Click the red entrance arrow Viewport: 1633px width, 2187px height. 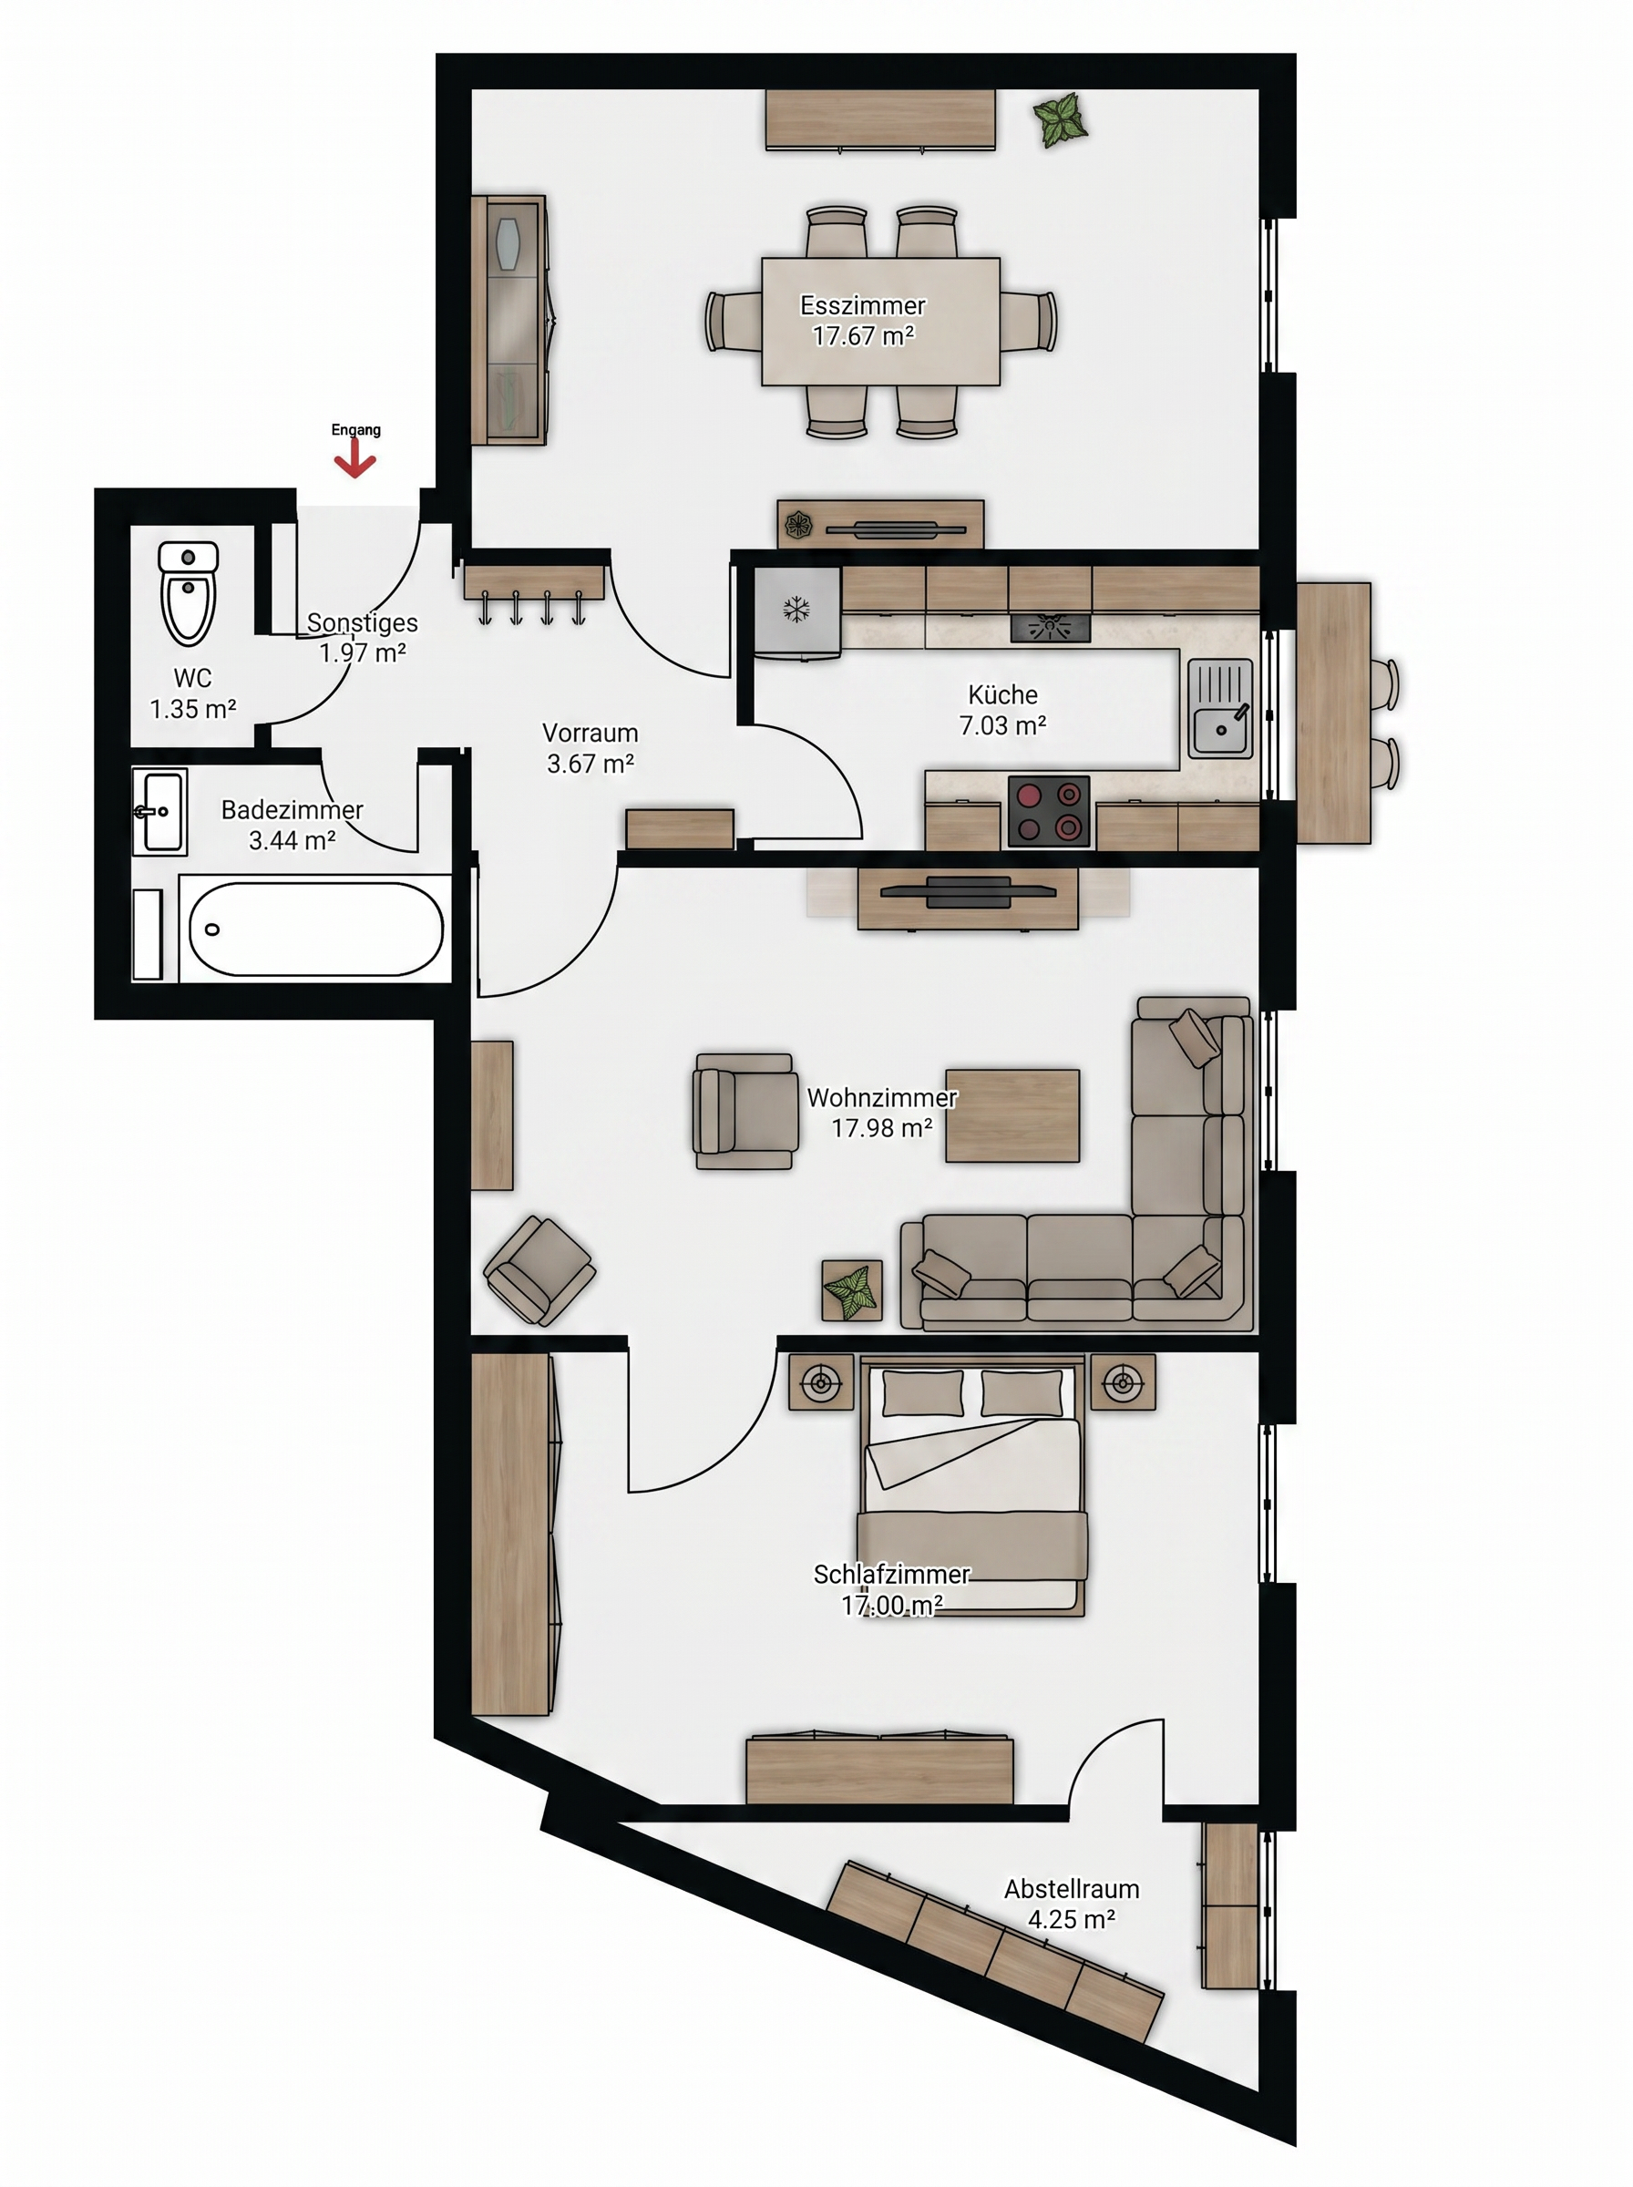click(354, 459)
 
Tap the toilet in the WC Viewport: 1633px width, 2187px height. click(188, 592)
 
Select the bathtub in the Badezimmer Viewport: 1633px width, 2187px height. click(314, 929)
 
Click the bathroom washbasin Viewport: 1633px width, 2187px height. click(159, 812)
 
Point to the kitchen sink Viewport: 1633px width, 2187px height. click(1220, 709)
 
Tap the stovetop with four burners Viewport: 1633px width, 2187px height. click(1048, 811)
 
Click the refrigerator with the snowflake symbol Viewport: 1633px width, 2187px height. click(796, 611)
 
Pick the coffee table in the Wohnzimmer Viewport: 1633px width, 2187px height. click(1012, 1115)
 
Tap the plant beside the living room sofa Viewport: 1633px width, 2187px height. click(852, 1290)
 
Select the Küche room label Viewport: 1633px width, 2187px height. click(1002, 693)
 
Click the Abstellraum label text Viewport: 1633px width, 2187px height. click(1072, 1888)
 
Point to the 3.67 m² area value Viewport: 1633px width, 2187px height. click(591, 764)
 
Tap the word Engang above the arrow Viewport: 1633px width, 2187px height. click(356, 430)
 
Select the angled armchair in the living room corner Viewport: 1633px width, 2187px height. click(539, 1270)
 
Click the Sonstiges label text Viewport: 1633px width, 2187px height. click(362, 622)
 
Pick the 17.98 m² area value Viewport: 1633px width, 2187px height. click(882, 1127)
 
